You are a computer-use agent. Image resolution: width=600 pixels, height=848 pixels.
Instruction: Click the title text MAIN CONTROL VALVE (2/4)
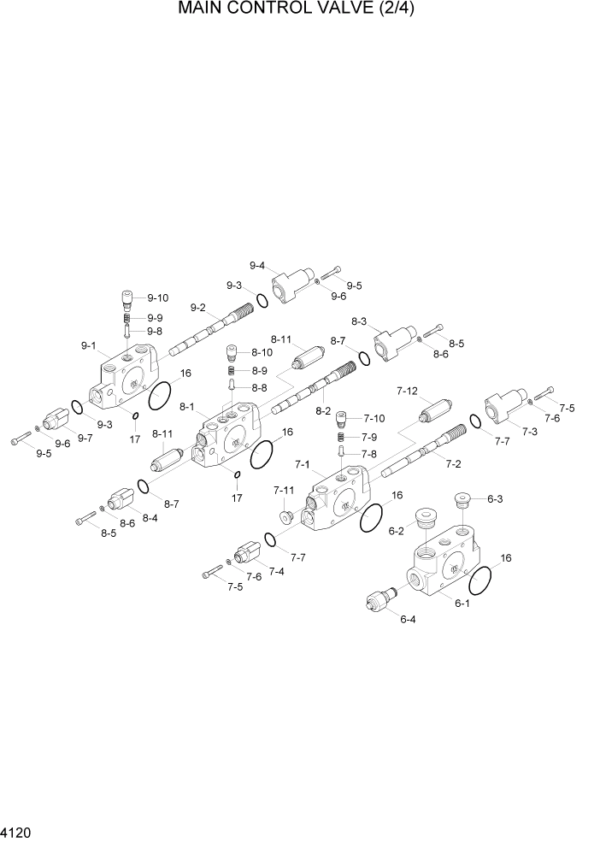pos(299,9)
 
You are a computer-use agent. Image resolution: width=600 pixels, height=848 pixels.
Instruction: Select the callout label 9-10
pos(158,297)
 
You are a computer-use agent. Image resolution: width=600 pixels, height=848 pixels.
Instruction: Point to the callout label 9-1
pos(89,346)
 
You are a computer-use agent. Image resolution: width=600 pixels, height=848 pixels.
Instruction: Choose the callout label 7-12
pos(407,391)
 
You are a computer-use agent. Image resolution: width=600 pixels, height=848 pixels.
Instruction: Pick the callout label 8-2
pos(323,410)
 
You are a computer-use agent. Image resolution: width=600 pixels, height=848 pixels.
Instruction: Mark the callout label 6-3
pos(495,499)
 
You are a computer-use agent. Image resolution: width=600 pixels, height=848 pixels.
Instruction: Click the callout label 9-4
pos(256,265)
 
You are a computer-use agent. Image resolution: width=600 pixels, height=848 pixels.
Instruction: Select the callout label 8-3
pos(359,321)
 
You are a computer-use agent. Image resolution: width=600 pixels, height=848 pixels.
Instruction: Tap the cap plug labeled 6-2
pos(425,519)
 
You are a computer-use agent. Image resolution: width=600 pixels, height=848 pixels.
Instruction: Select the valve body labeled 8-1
pos(226,436)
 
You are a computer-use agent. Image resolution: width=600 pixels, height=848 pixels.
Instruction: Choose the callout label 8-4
pos(150,518)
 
